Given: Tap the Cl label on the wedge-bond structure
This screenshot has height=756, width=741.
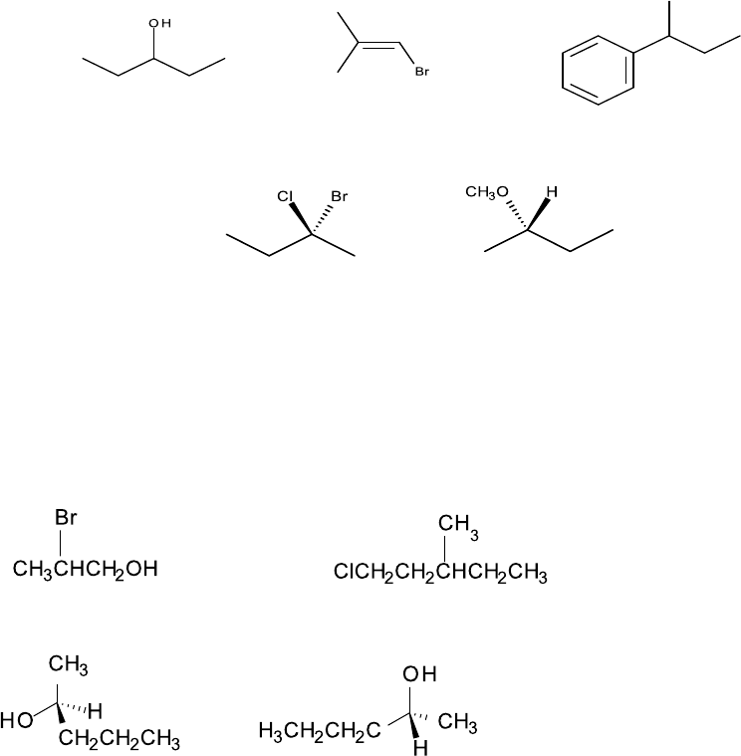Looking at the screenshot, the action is pyautogui.click(x=285, y=197).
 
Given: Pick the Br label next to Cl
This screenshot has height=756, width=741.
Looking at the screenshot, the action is pyautogui.click(x=339, y=197).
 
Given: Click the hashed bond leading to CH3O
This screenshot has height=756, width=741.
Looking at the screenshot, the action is pyautogui.click(x=515, y=216).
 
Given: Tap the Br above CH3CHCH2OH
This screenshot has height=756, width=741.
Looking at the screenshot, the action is pyautogui.click(x=66, y=519).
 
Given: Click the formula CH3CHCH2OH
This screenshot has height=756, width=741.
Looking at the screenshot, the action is pyautogui.click(x=86, y=569).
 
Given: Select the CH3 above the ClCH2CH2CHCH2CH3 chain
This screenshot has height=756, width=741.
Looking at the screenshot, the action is pyautogui.click(x=458, y=525).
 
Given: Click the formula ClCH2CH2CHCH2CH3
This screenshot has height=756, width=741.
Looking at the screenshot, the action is pyautogui.click(x=441, y=574).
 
